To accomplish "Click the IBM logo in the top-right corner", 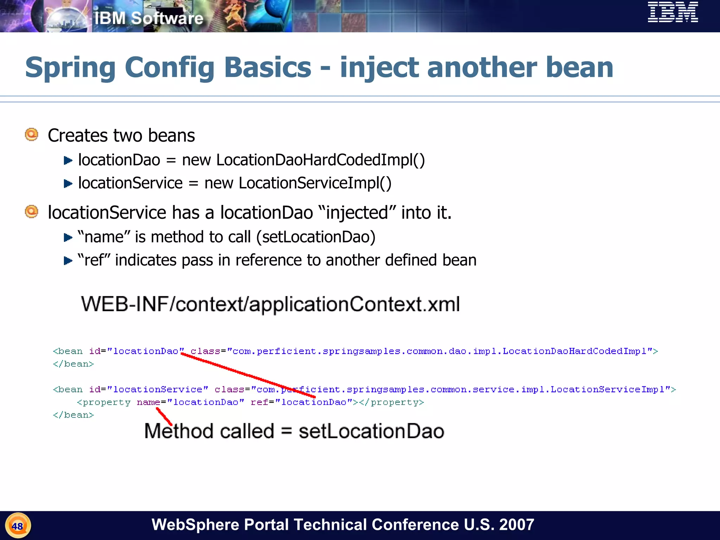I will coord(673,12).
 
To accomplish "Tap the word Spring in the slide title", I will coord(70,67).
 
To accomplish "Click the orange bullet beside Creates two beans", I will coord(32,135).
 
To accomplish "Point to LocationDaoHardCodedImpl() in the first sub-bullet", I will coord(320,160).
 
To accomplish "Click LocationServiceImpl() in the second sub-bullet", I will coord(315,183).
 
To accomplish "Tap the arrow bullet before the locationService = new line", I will coord(68,184).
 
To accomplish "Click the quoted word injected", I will coord(357,213).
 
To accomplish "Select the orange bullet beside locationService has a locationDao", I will coord(32,212).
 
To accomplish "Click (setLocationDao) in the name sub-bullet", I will coord(316,237).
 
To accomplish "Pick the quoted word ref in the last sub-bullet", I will coord(94,260).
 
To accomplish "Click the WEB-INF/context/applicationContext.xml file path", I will coord(270,304).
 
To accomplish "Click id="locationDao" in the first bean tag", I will coord(136,351).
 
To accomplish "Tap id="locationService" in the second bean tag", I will coord(148,390).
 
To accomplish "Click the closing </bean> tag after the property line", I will coord(73,415).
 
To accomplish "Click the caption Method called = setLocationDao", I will coord(294,431).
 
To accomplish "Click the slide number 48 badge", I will coord(18,526).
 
